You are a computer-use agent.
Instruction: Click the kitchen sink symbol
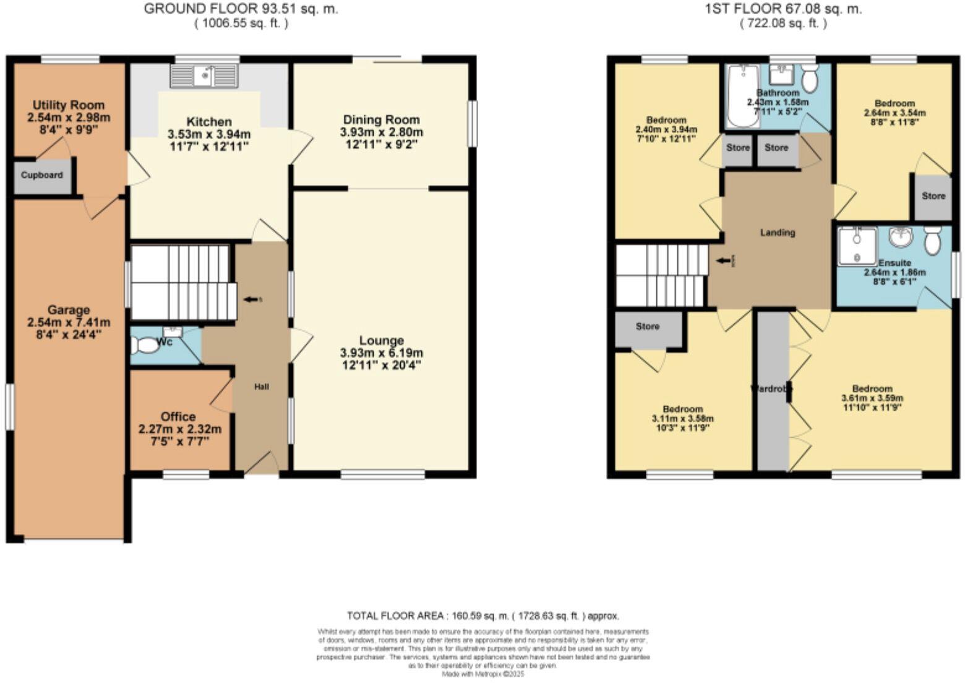pyautogui.click(x=205, y=76)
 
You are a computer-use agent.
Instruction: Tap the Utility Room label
pyautogui.click(x=69, y=105)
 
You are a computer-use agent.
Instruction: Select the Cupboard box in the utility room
pyautogui.click(x=42, y=175)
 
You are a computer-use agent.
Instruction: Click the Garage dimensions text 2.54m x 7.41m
pyautogui.click(x=69, y=322)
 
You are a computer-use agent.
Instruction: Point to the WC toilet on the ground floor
pyautogui.click(x=146, y=345)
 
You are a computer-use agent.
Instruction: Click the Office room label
pyautogui.click(x=178, y=416)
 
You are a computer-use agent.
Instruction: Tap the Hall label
pyautogui.click(x=262, y=387)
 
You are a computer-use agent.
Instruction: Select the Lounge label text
pyautogui.click(x=381, y=340)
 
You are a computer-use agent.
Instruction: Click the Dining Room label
pyautogui.click(x=381, y=119)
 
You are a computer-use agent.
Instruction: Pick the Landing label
pyautogui.click(x=778, y=233)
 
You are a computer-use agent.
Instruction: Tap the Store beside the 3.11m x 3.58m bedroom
pyautogui.click(x=648, y=326)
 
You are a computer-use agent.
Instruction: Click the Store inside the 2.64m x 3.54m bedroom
pyautogui.click(x=933, y=196)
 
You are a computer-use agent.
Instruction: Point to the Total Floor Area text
pyautogui.click(x=482, y=616)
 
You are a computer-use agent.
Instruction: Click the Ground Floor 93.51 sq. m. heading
pyautogui.click(x=241, y=9)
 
